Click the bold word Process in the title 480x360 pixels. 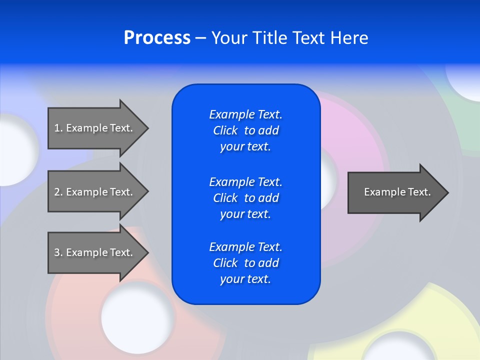point(157,38)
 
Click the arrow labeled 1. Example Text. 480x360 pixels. point(93,128)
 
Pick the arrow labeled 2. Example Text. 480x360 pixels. point(93,192)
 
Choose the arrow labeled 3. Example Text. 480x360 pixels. point(93,252)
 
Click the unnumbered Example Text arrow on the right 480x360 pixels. point(397,192)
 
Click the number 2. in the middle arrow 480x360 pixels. point(58,192)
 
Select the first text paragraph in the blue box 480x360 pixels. point(245,130)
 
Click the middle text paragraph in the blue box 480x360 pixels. point(245,198)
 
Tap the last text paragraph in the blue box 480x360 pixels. point(245,263)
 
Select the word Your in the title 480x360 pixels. point(229,38)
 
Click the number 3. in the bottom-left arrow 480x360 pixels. point(58,252)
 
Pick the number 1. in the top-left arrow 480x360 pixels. point(58,128)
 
